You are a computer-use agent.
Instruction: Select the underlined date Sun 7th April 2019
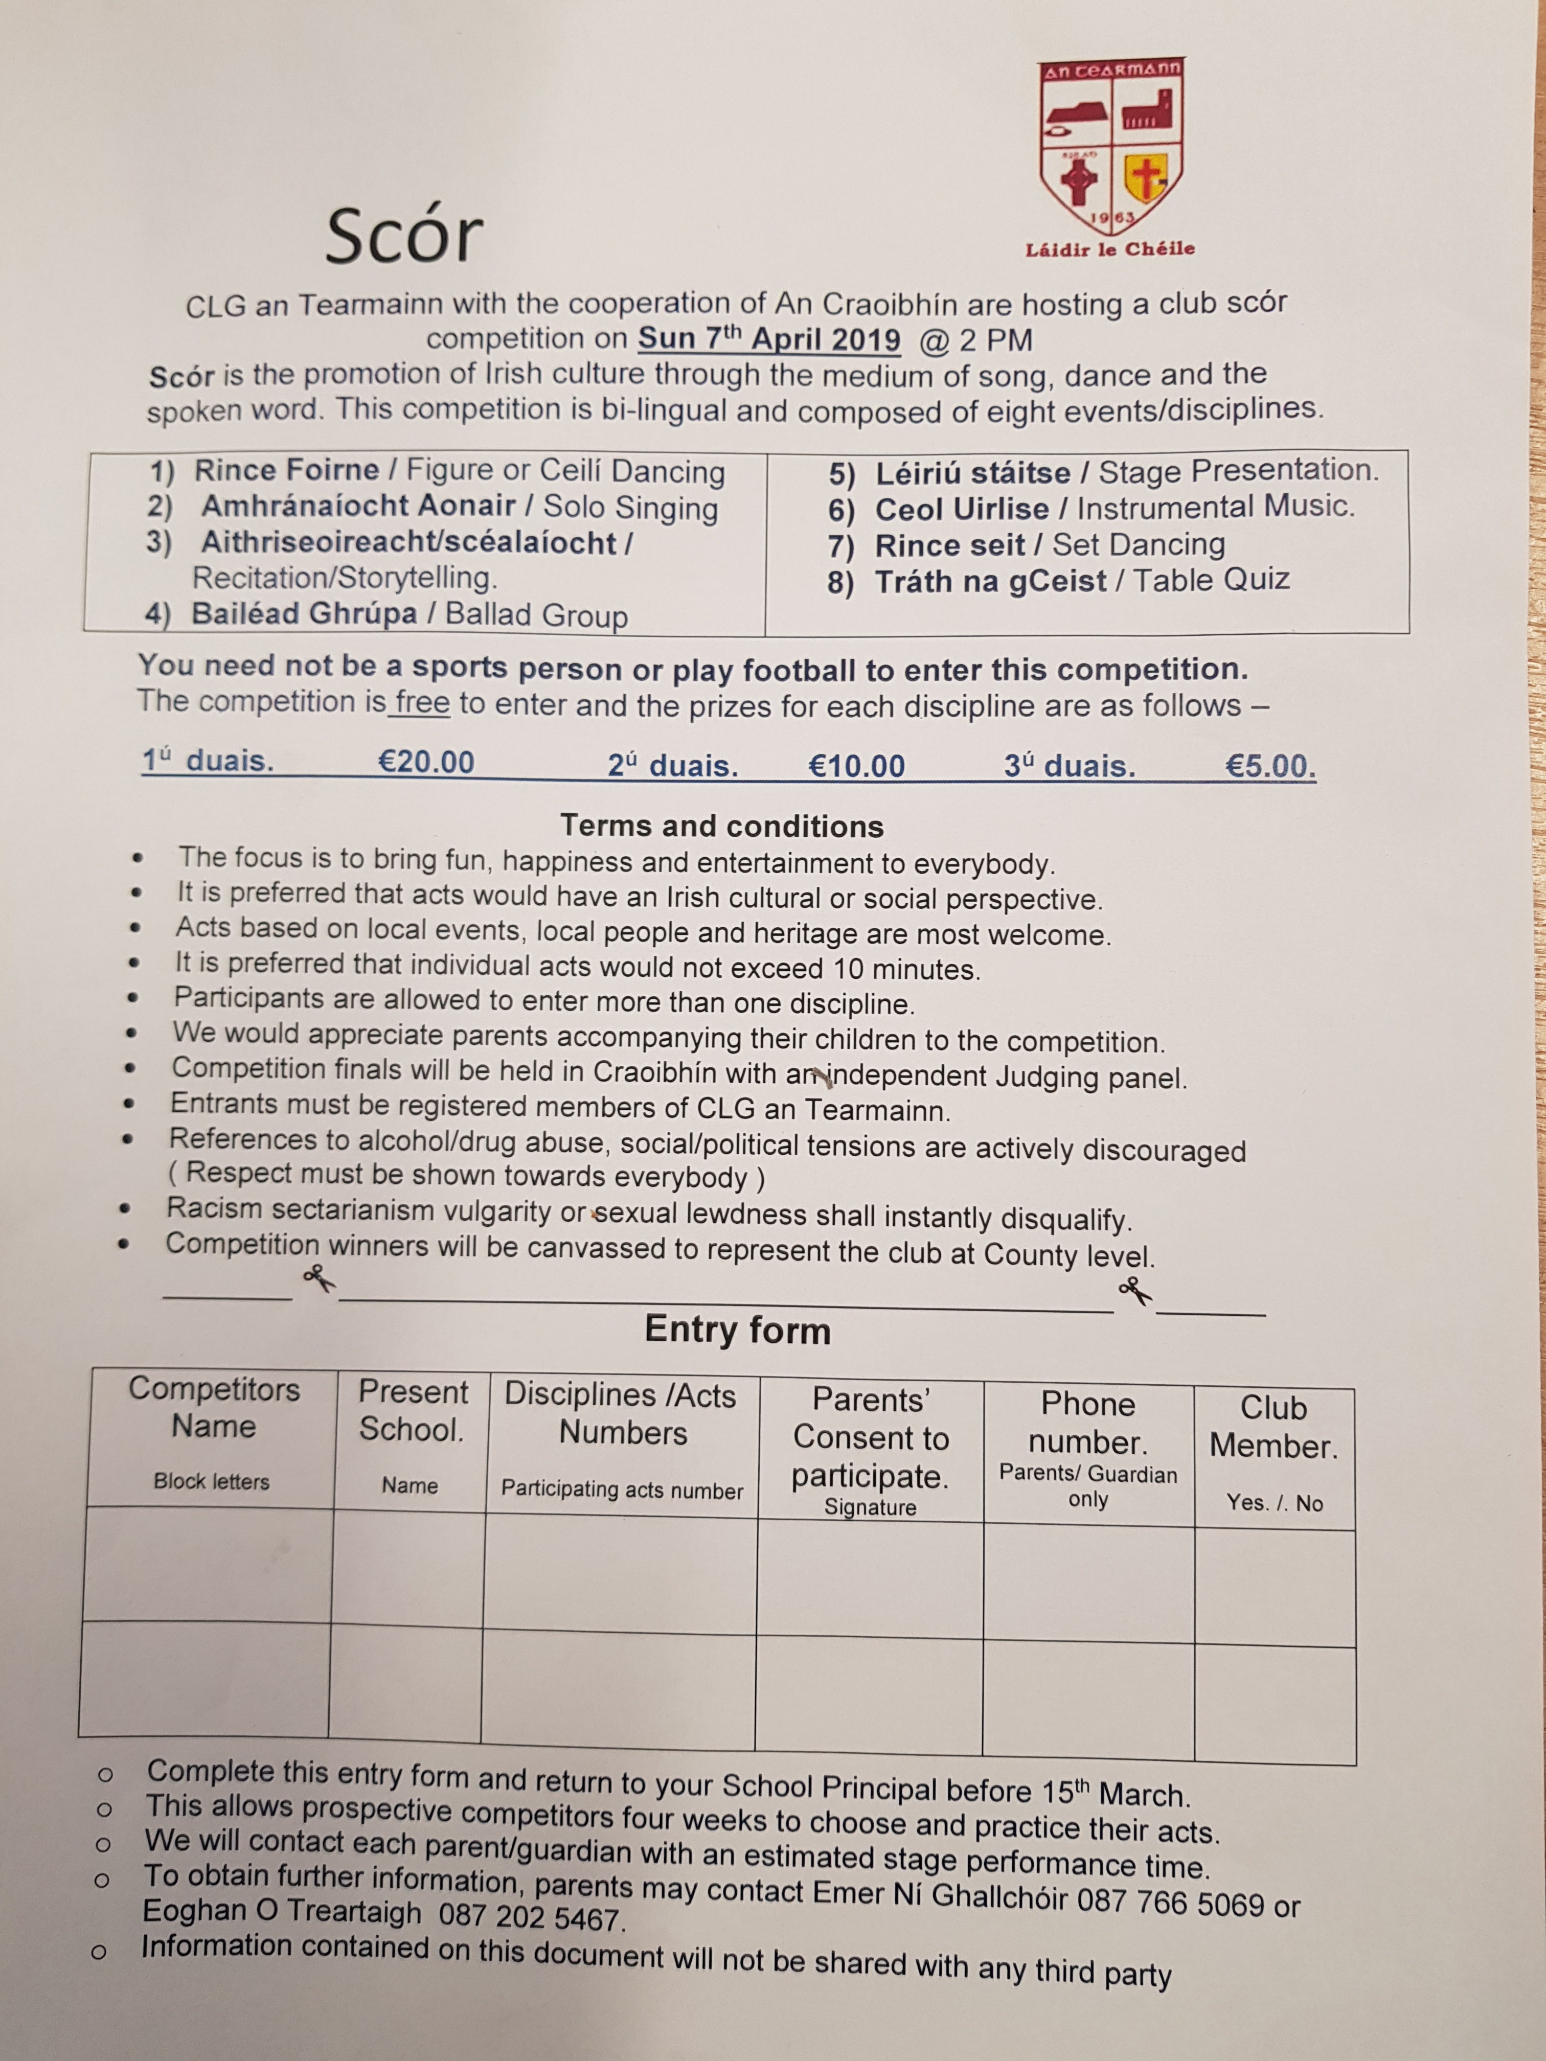[x=769, y=338]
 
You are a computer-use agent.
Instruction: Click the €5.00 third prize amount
[x=1269, y=767]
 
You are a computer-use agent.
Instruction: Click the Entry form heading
[x=737, y=1330]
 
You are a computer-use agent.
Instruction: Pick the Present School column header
[x=412, y=1411]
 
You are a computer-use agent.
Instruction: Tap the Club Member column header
[x=1273, y=1427]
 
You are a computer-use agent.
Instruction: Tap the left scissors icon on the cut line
[x=317, y=1278]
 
